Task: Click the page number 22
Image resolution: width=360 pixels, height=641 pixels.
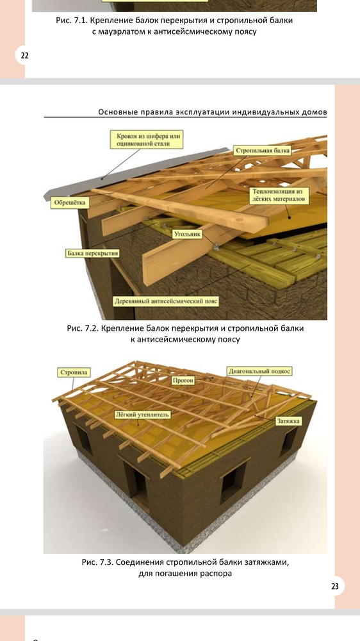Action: [24, 56]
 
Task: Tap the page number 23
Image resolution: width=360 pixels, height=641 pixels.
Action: [334, 587]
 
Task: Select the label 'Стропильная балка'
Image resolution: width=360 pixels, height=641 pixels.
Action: [263, 151]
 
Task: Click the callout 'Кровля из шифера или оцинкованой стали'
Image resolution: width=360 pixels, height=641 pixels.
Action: [146, 140]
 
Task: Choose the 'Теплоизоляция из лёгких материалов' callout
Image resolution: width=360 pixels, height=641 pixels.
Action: [279, 196]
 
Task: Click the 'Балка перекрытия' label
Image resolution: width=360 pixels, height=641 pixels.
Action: [93, 253]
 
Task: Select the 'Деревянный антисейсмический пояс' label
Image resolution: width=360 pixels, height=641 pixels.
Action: [167, 302]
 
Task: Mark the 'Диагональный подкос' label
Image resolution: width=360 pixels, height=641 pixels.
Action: [259, 371]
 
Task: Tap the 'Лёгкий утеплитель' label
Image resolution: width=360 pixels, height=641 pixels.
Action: [142, 415]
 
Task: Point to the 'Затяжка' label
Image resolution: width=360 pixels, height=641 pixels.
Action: [288, 420]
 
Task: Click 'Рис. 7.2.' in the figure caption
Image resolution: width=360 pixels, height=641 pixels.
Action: [82, 328]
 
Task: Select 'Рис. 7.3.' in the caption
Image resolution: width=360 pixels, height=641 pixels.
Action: [97, 562]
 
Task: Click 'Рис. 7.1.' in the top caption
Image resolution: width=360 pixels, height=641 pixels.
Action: [72, 21]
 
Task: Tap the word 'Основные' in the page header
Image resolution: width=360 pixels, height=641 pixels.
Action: [117, 112]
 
